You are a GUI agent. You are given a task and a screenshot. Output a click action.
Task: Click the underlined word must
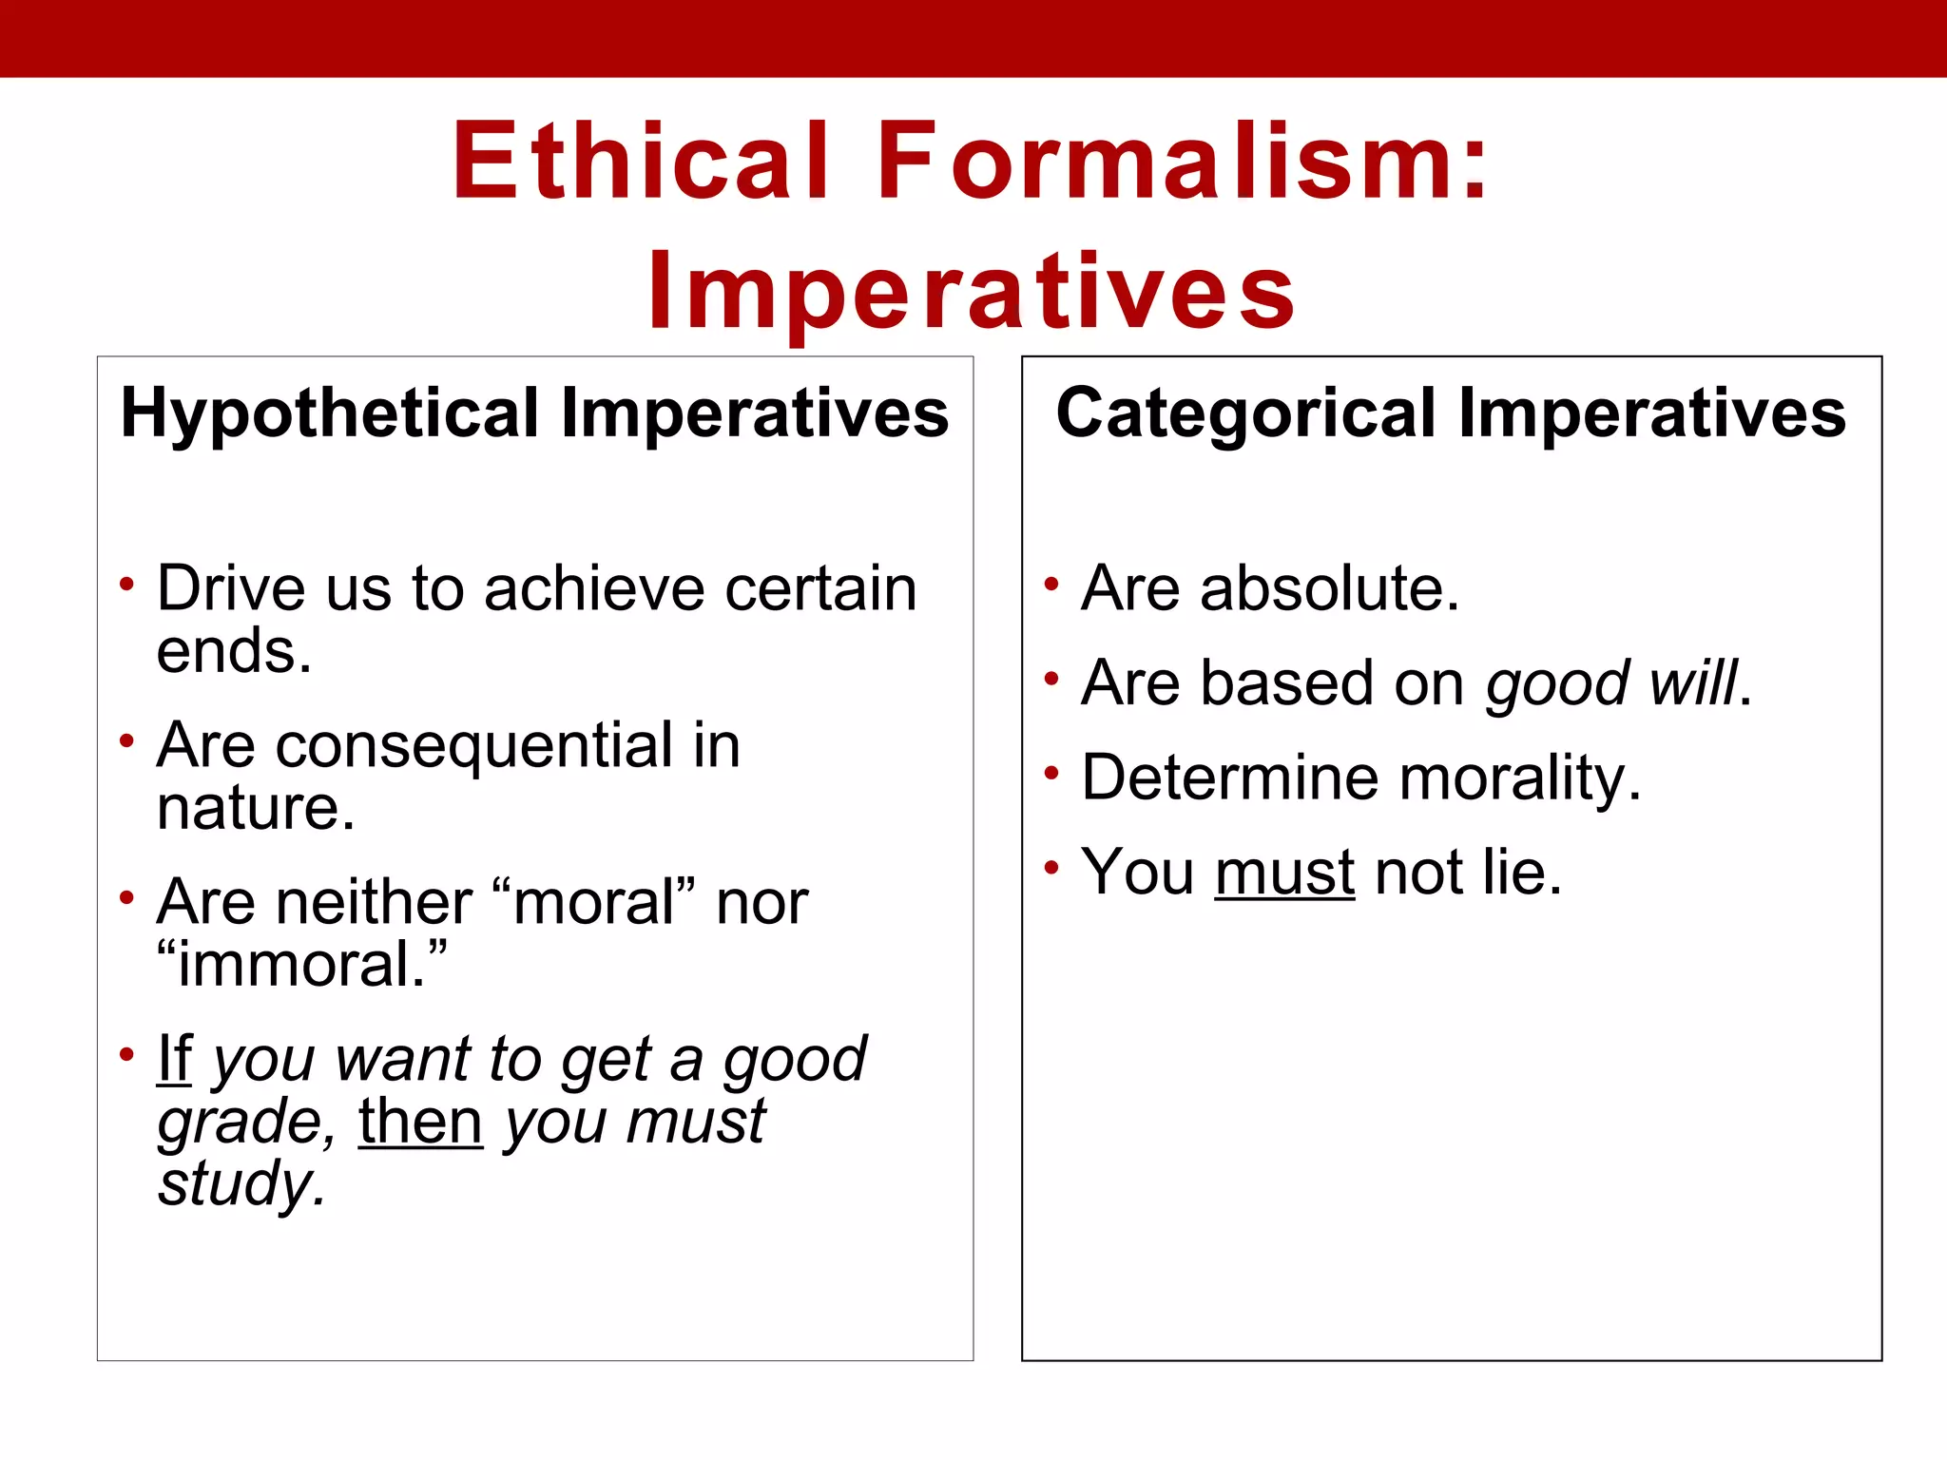click(x=1284, y=873)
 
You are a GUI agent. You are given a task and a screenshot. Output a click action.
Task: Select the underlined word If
click(x=175, y=1059)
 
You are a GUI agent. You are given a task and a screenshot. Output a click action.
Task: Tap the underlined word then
click(x=420, y=1122)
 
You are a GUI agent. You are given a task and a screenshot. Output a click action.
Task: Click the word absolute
click(x=1328, y=588)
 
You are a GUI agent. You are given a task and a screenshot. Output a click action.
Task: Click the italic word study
click(x=241, y=1184)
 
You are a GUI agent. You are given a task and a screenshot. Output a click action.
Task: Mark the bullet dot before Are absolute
click(x=1051, y=585)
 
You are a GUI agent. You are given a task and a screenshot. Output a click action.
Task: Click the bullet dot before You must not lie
click(x=1051, y=869)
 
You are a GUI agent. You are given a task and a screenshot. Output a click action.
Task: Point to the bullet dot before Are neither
click(x=126, y=898)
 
